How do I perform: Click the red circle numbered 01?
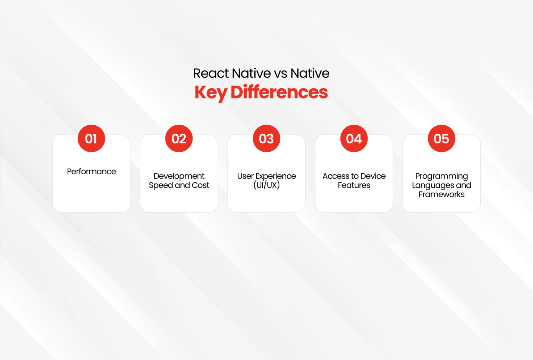(91, 139)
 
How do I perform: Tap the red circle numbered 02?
(179, 139)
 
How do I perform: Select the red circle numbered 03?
(266, 139)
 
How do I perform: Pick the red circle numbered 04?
(354, 139)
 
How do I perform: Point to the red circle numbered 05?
(441, 139)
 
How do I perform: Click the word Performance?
(91, 171)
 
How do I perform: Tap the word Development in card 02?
(179, 176)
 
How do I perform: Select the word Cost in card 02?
(200, 185)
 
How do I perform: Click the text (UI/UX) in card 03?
(266, 185)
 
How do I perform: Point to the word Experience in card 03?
(276, 176)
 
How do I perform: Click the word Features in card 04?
(354, 185)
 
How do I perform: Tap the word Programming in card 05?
(441, 176)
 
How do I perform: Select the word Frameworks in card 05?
(441, 194)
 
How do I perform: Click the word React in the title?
(211, 73)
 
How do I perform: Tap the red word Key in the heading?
(211, 93)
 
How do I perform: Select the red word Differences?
(279, 92)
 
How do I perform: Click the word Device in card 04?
(373, 176)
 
